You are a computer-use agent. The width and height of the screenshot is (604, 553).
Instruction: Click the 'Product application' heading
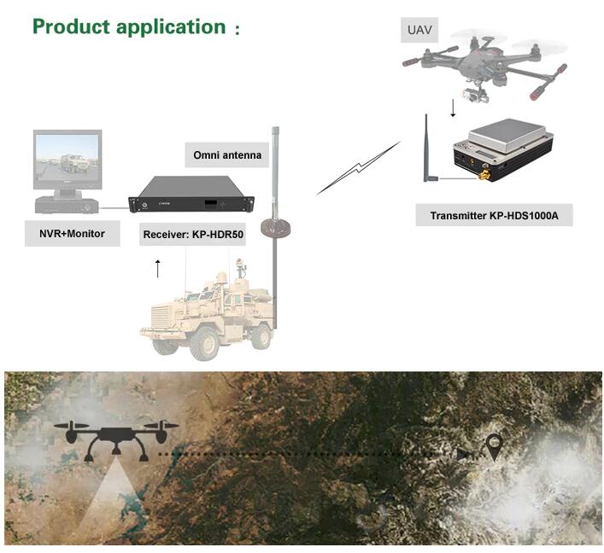129,27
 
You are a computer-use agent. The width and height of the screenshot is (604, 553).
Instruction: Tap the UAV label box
419,30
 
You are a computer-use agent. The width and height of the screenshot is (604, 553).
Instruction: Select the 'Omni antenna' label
227,155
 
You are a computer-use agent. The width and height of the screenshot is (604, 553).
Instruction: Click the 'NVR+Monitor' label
72,234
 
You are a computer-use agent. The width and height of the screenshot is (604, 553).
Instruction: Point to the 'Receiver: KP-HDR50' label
193,235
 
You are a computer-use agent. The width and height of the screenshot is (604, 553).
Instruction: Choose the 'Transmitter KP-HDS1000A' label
494,216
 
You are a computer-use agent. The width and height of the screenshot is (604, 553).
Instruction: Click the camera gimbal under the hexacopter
473,93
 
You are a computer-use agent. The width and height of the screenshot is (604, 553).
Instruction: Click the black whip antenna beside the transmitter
429,148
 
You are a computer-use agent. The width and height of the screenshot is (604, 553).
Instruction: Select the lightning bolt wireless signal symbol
359,168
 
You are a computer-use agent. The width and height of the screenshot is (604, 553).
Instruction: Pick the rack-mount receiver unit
191,195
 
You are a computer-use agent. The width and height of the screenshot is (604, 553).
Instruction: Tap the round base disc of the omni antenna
275,227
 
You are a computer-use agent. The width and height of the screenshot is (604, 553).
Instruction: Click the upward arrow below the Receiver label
158,269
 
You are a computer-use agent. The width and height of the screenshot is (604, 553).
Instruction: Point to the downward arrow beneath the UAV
453,108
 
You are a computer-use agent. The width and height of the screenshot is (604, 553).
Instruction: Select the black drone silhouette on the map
116,441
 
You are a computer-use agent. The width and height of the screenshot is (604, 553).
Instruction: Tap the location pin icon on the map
494,447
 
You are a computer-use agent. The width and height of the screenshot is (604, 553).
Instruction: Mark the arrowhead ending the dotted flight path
464,455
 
